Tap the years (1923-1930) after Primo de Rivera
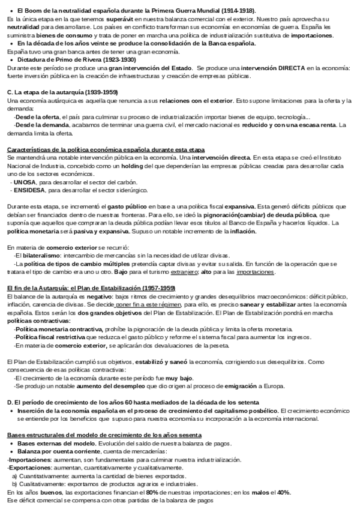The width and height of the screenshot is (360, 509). pos(119,61)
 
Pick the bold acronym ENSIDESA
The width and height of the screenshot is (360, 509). pos(29,190)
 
